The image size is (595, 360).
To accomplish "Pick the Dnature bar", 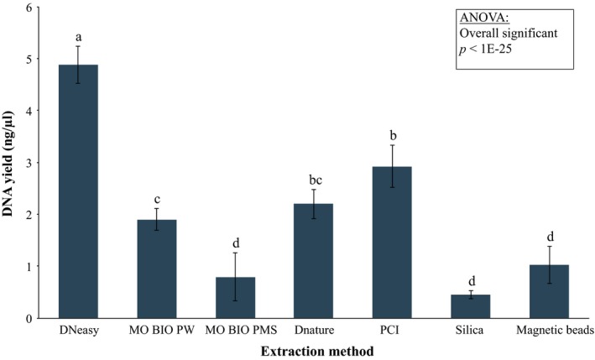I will pyautogui.click(x=313, y=261).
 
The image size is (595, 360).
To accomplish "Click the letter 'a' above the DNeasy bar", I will pyautogui.click(x=78, y=37).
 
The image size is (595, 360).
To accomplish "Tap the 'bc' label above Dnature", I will pyautogui.click(x=313, y=180).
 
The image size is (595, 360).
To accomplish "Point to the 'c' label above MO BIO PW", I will pyautogui.click(x=156, y=199).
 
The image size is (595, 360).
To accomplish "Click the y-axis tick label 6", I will pyautogui.click(x=30, y=8).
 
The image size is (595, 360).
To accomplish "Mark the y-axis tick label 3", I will pyautogui.click(x=30, y=163).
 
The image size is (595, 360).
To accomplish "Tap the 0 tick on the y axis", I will pyautogui.click(x=30, y=318).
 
